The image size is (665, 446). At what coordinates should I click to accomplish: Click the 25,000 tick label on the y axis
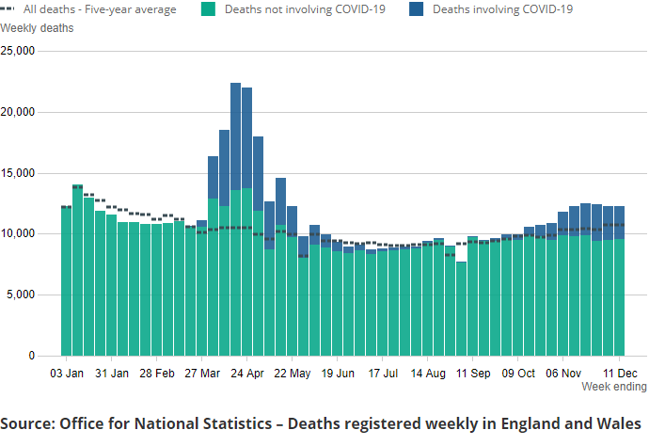18,51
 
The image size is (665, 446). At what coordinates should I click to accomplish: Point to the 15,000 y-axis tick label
18,173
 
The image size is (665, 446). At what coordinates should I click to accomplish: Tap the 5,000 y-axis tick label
21,295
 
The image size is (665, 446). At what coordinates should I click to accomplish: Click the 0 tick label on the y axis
31,356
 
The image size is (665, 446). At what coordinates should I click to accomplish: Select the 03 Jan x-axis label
66,374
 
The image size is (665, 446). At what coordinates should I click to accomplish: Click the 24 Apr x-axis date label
246,374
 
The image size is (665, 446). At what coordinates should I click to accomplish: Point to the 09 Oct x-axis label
517,374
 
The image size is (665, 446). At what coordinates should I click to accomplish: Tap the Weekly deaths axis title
37,27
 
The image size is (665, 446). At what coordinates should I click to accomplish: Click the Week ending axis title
613,387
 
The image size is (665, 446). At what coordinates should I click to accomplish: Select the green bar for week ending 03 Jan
66,282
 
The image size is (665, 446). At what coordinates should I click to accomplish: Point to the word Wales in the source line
619,423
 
